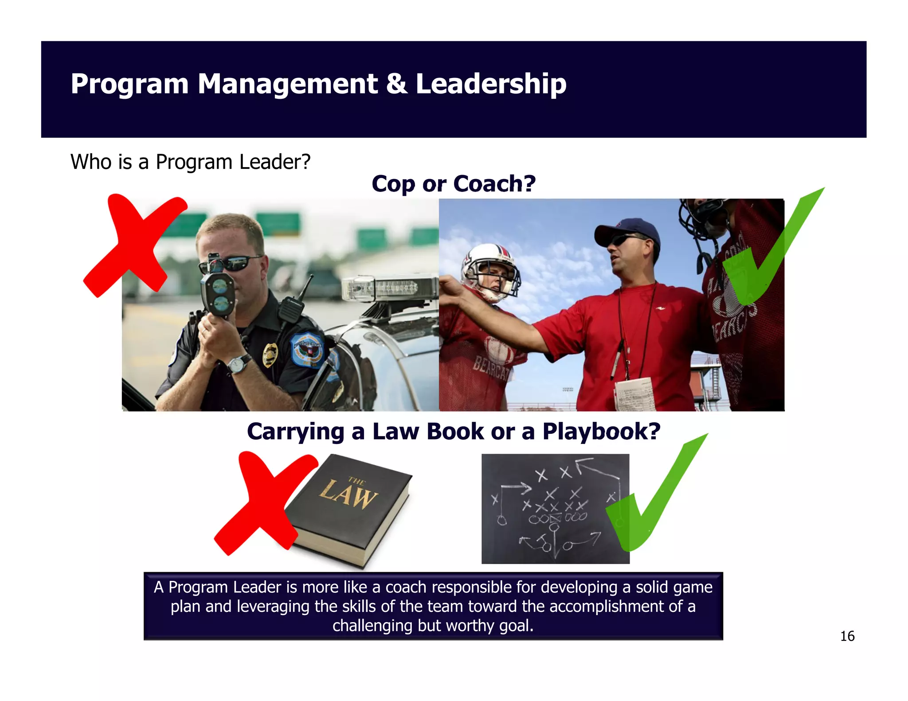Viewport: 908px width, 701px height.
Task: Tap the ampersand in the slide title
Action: (x=396, y=84)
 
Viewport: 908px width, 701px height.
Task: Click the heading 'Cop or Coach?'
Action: (x=454, y=183)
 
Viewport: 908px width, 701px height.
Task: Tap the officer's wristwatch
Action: (x=239, y=364)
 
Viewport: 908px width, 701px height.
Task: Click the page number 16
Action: (x=847, y=636)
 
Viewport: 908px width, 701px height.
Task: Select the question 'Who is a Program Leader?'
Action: (x=190, y=162)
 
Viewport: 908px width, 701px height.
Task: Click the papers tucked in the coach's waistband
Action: (x=634, y=394)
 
